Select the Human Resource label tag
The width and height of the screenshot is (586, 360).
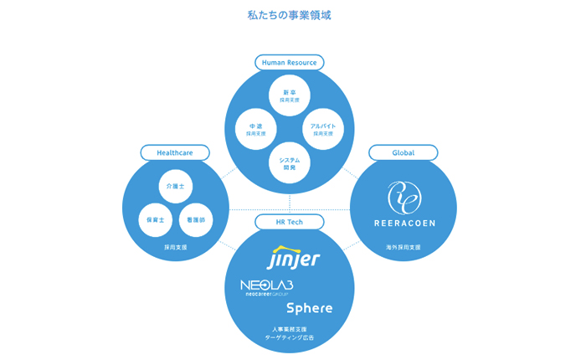pos(289,62)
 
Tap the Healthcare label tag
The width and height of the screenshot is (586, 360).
pos(175,153)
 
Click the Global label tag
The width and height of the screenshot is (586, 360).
pos(403,153)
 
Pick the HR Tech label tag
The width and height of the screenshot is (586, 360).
pos(289,222)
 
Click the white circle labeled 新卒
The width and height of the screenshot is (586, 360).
pos(290,95)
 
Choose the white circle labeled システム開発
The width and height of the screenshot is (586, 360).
pos(290,162)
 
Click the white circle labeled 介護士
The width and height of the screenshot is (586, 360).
pos(175,186)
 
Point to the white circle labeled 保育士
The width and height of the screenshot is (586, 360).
pos(156,219)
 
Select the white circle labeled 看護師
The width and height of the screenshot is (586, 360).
pos(196,219)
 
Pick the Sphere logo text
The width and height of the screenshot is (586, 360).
pos(310,308)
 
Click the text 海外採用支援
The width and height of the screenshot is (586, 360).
pos(403,248)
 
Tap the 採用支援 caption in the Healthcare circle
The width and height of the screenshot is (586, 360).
pos(176,248)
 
